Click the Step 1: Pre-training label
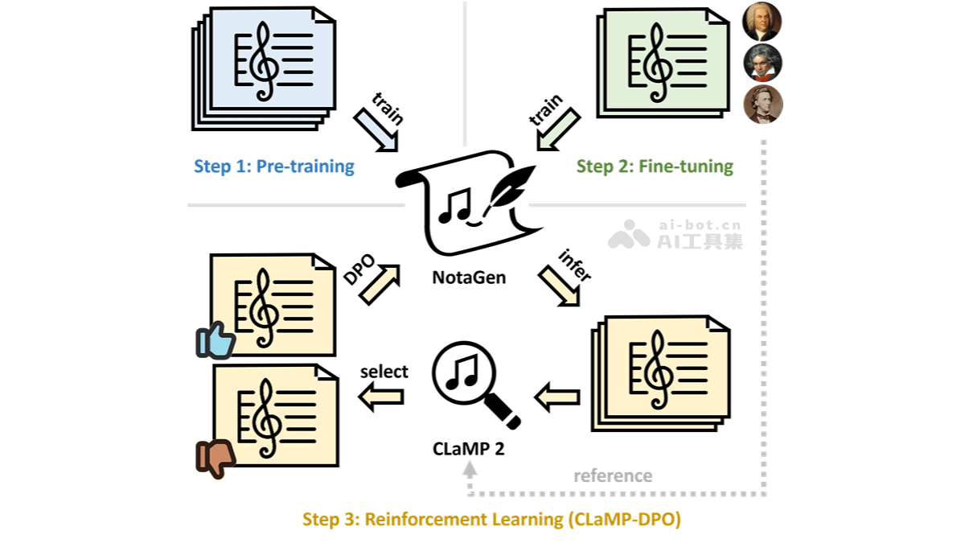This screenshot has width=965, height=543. tap(274, 167)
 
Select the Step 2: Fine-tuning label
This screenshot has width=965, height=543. tap(655, 167)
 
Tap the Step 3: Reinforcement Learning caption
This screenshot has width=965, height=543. tap(491, 519)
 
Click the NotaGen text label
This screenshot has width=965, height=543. tap(470, 278)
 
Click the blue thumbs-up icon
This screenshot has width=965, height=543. tap(215, 341)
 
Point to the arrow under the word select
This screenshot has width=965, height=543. tap(381, 396)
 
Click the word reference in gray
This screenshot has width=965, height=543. tap(613, 475)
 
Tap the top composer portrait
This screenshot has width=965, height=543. tap(762, 22)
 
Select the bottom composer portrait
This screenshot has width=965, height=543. tap(762, 105)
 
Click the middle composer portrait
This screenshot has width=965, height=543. tap(762, 63)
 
